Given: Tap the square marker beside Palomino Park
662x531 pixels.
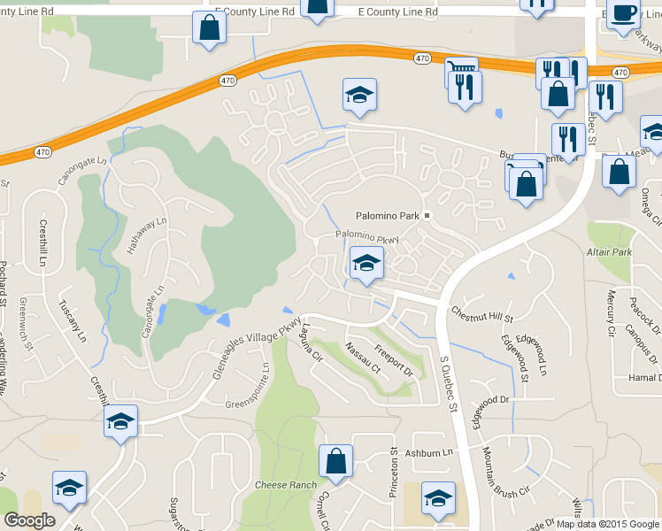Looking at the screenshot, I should (426, 215).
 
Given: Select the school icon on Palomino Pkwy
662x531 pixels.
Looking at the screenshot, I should (366, 263).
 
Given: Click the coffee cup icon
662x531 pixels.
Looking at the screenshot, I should (623, 14).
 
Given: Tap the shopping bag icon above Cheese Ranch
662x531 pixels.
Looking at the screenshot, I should (336, 461).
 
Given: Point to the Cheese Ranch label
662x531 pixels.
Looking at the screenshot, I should (285, 485).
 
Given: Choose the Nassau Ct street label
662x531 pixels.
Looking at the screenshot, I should (362, 357).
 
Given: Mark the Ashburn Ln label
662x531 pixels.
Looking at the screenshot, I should (429, 452).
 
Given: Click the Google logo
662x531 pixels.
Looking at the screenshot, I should (29, 519).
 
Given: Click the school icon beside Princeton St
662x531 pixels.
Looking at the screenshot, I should (437, 499).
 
